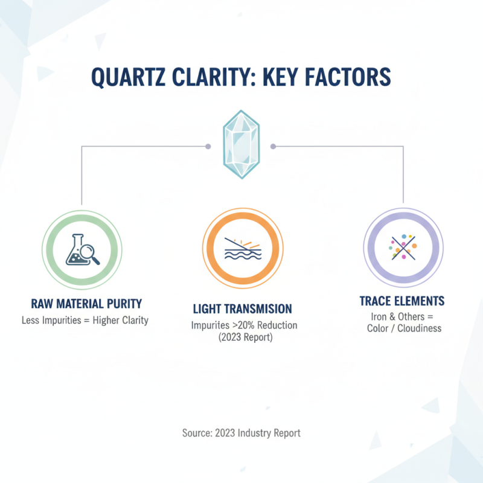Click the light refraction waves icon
click(x=241, y=248)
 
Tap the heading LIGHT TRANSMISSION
click(x=242, y=309)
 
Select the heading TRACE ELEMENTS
click(x=401, y=301)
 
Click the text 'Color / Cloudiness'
click(x=404, y=328)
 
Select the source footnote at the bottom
click(x=241, y=433)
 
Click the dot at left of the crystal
click(x=208, y=146)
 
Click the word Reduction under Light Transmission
click(x=276, y=325)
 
